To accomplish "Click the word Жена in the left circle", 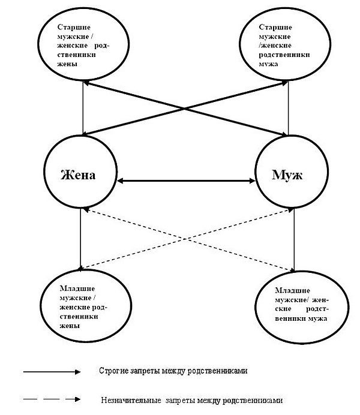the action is pyautogui.click(x=78, y=175).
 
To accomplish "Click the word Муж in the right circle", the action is pyautogui.click(x=287, y=175).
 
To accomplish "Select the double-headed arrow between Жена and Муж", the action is pyautogui.click(x=186, y=181).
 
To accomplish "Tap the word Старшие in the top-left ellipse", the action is pyautogui.click(x=74, y=27).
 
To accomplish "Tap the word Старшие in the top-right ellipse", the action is pyautogui.click(x=275, y=27).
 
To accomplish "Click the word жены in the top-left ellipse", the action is pyautogui.click(x=67, y=64).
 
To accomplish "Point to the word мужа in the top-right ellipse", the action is pyautogui.click(x=268, y=64).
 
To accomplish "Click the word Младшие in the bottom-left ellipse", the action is pyautogui.click(x=77, y=288).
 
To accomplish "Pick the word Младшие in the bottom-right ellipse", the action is pyautogui.click(x=293, y=291).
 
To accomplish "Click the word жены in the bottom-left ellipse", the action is pyautogui.click(x=70, y=326).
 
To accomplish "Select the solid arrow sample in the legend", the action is pyautogui.click(x=52, y=372).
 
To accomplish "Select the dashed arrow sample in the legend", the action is pyautogui.click(x=52, y=399).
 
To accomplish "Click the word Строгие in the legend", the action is pyautogui.click(x=114, y=371).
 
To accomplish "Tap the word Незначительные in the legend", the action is pyautogui.click(x=131, y=400).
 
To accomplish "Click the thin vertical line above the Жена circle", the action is pyautogui.click(x=83, y=108).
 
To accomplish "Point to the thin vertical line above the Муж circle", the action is pyautogui.click(x=288, y=109).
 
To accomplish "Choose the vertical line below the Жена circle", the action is pyautogui.click(x=80, y=238).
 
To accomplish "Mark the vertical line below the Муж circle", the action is pyautogui.click(x=295, y=240).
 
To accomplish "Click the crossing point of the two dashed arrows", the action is pyautogui.click(x=187, y=239).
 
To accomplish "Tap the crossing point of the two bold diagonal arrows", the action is pyautogui.click(x=185, y=109).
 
